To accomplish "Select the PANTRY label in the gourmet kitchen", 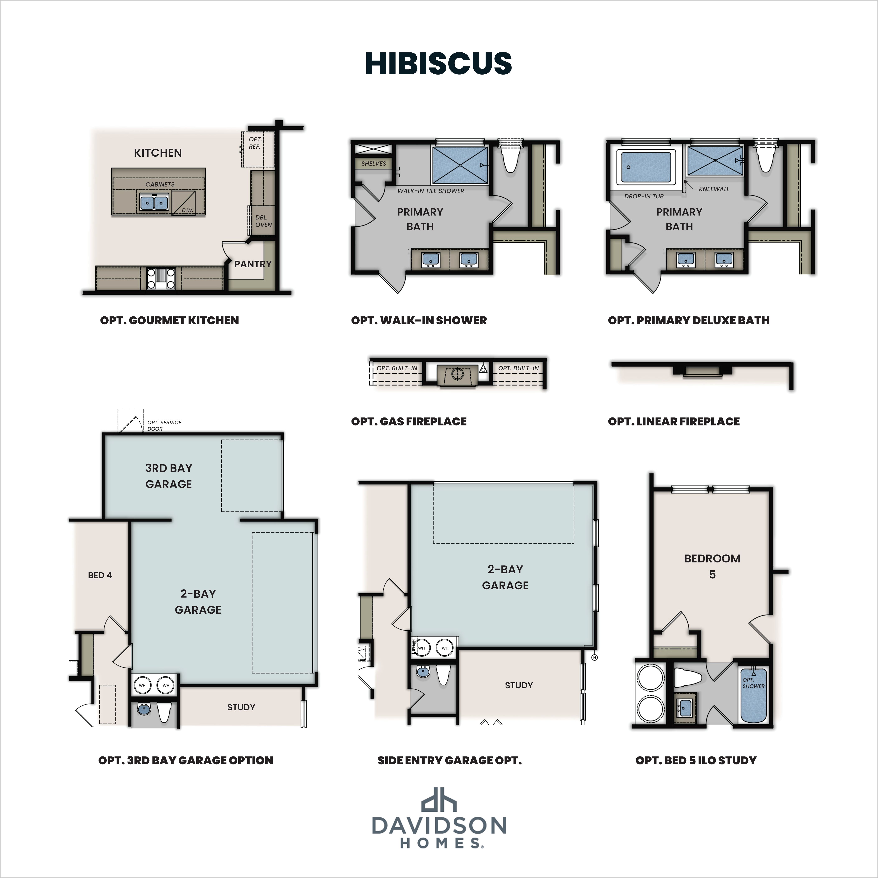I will pos(253,264).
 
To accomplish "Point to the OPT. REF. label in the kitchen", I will pos(255,143).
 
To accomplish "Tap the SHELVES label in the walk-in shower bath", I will pos(374,164).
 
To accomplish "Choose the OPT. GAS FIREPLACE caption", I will pos(409,421).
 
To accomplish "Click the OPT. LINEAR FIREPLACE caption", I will pos(674,421).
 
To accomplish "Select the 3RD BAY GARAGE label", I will pos(169,476).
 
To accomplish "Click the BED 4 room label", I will pos(100,575).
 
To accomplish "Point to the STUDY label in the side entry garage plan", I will pos(519,685).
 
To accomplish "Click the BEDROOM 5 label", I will pos(712,566).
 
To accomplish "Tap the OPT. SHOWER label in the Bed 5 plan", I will pos(753,683).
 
